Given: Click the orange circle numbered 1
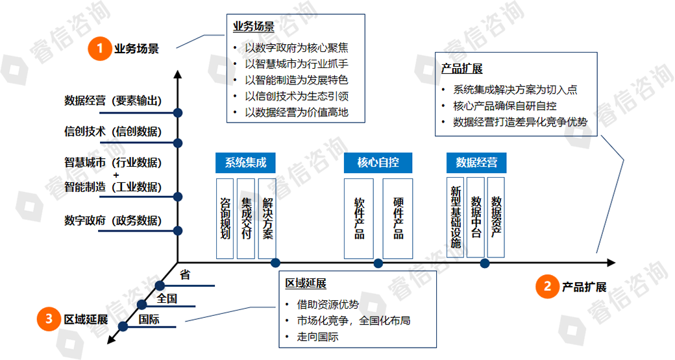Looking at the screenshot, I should point(100,48).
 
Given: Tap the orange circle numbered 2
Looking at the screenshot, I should point(548,285).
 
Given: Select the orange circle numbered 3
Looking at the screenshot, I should point(49,318).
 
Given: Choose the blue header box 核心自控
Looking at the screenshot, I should point(378,162).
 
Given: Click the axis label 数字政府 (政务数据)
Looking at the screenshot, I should point(112,221).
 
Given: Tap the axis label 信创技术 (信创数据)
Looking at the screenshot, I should point(112,132).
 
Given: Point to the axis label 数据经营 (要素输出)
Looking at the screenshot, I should point(112,101).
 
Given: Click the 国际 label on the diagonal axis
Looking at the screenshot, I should point(149,319).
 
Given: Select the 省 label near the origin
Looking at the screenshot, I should point(185,275).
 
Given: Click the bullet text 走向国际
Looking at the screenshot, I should point(317,337).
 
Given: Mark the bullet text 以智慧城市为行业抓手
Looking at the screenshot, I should point(295,64).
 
